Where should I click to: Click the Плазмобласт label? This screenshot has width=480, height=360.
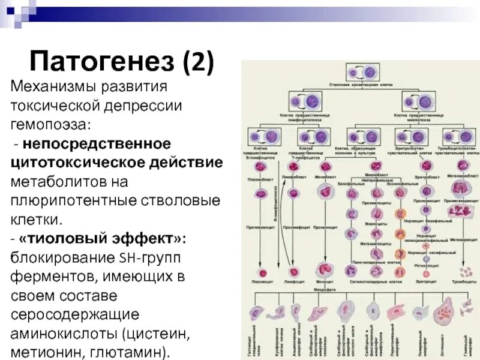[x=260, y=179]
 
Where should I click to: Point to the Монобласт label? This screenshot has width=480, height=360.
[x=325, y=178]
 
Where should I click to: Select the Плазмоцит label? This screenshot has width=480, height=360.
[x=260, y=280]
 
